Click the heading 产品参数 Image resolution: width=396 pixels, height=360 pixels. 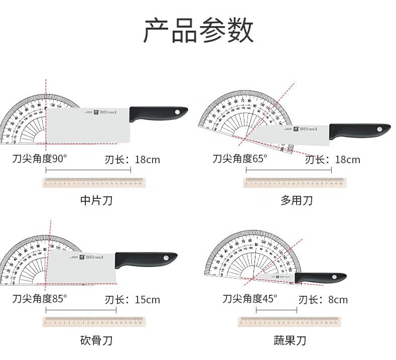198,32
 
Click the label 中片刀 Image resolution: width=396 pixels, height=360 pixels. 96,201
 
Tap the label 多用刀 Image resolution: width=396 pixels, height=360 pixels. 296,201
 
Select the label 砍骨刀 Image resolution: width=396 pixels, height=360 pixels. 96,341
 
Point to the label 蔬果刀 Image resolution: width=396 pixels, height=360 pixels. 290,341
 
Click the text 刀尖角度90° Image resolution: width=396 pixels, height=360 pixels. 40,159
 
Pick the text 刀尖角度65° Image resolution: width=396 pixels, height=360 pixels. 239,159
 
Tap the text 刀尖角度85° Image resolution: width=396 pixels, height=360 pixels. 40,299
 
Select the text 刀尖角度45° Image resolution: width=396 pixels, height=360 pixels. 250,299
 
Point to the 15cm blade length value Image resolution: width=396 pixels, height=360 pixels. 148,300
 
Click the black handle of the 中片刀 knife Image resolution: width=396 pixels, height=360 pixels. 158,114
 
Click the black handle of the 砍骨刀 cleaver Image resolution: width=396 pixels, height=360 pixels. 146,260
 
